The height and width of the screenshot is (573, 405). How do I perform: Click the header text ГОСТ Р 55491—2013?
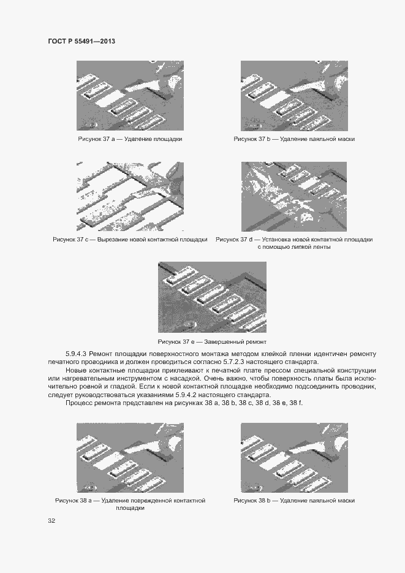[x=81, y=41]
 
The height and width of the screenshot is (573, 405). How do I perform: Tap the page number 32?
[x=51, y=521]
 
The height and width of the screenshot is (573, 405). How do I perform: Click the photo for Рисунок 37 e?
[x=212, y=297]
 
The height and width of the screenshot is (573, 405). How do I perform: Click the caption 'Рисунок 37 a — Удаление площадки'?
[x=130, y=139]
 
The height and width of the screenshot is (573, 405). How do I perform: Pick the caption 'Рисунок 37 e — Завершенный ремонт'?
[x=212, y=341]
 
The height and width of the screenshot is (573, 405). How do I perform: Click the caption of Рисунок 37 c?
[x=130, y=239]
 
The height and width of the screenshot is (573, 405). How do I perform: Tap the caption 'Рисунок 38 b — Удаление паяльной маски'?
[x=294, y=501]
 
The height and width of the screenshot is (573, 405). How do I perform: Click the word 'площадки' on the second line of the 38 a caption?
[x=130, y=508]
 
